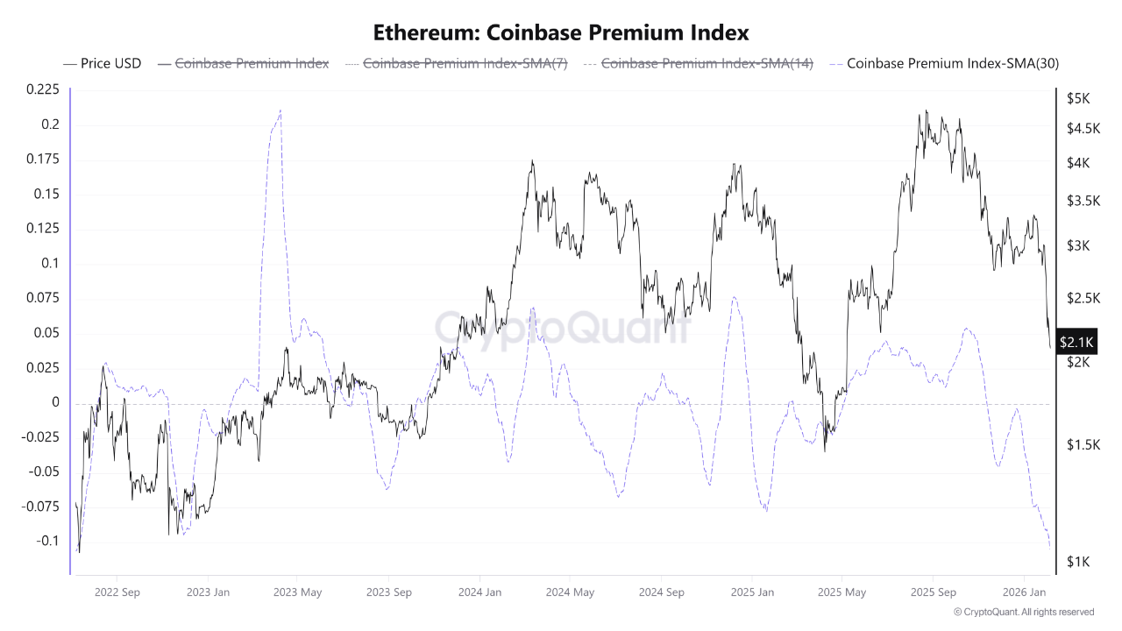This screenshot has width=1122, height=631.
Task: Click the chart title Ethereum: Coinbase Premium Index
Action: click(561, 32)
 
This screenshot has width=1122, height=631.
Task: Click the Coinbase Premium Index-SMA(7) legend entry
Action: click(456, 63)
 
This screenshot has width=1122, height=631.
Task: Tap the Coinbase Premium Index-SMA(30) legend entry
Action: click(945, 63)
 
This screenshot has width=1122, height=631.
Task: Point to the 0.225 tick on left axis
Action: click(43, 89)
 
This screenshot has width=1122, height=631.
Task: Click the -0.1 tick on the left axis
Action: click(47, 541)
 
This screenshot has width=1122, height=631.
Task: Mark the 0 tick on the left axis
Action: click(55, 402)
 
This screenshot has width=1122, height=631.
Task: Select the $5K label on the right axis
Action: click(1077, 99)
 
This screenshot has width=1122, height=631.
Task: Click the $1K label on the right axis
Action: click(1077, 562)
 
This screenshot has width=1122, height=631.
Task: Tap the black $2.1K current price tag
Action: click(1076, 341)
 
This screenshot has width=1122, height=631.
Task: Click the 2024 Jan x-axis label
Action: click(479, 592)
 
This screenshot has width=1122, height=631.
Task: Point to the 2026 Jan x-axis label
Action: click(1025, 592)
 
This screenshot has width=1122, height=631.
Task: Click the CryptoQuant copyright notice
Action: click(1023, 612)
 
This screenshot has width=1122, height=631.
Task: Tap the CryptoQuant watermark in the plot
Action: click(561, 327)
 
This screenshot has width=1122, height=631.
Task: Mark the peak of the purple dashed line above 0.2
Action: click(280, 110)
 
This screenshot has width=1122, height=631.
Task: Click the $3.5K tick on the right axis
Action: click(1083, 201)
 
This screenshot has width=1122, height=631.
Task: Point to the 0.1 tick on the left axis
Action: click(51, 263)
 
